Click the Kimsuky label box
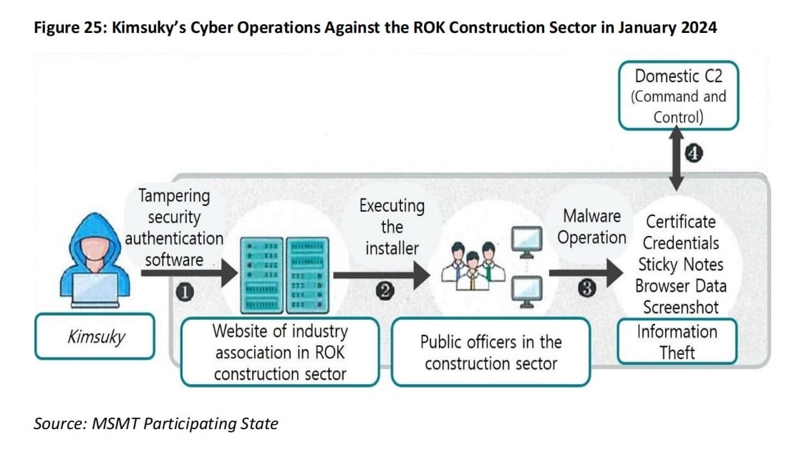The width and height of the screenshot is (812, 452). pyautogui.click(x=95, y=336)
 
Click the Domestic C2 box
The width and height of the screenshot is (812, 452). pyautogui.click(x=677, y=96)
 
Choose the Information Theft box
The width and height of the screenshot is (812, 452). pyautogui.click(x=677, y=342)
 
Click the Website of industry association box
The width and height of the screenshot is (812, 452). pyautogui.click(x=279, y=352)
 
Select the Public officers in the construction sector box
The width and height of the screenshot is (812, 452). pyautogui.click(x=490, y=352)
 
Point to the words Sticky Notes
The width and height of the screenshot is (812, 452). pyautogui.click(x=680, y=265)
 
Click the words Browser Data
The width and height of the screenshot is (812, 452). pyautogui.click(x=680, y=286)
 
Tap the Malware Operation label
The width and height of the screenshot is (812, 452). pyautogui.click(x=591, y=227)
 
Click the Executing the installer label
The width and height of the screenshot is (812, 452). pyautogui.click(x=392, y=227)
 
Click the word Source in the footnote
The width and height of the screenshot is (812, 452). pyautogui.click(x=60, y=423)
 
